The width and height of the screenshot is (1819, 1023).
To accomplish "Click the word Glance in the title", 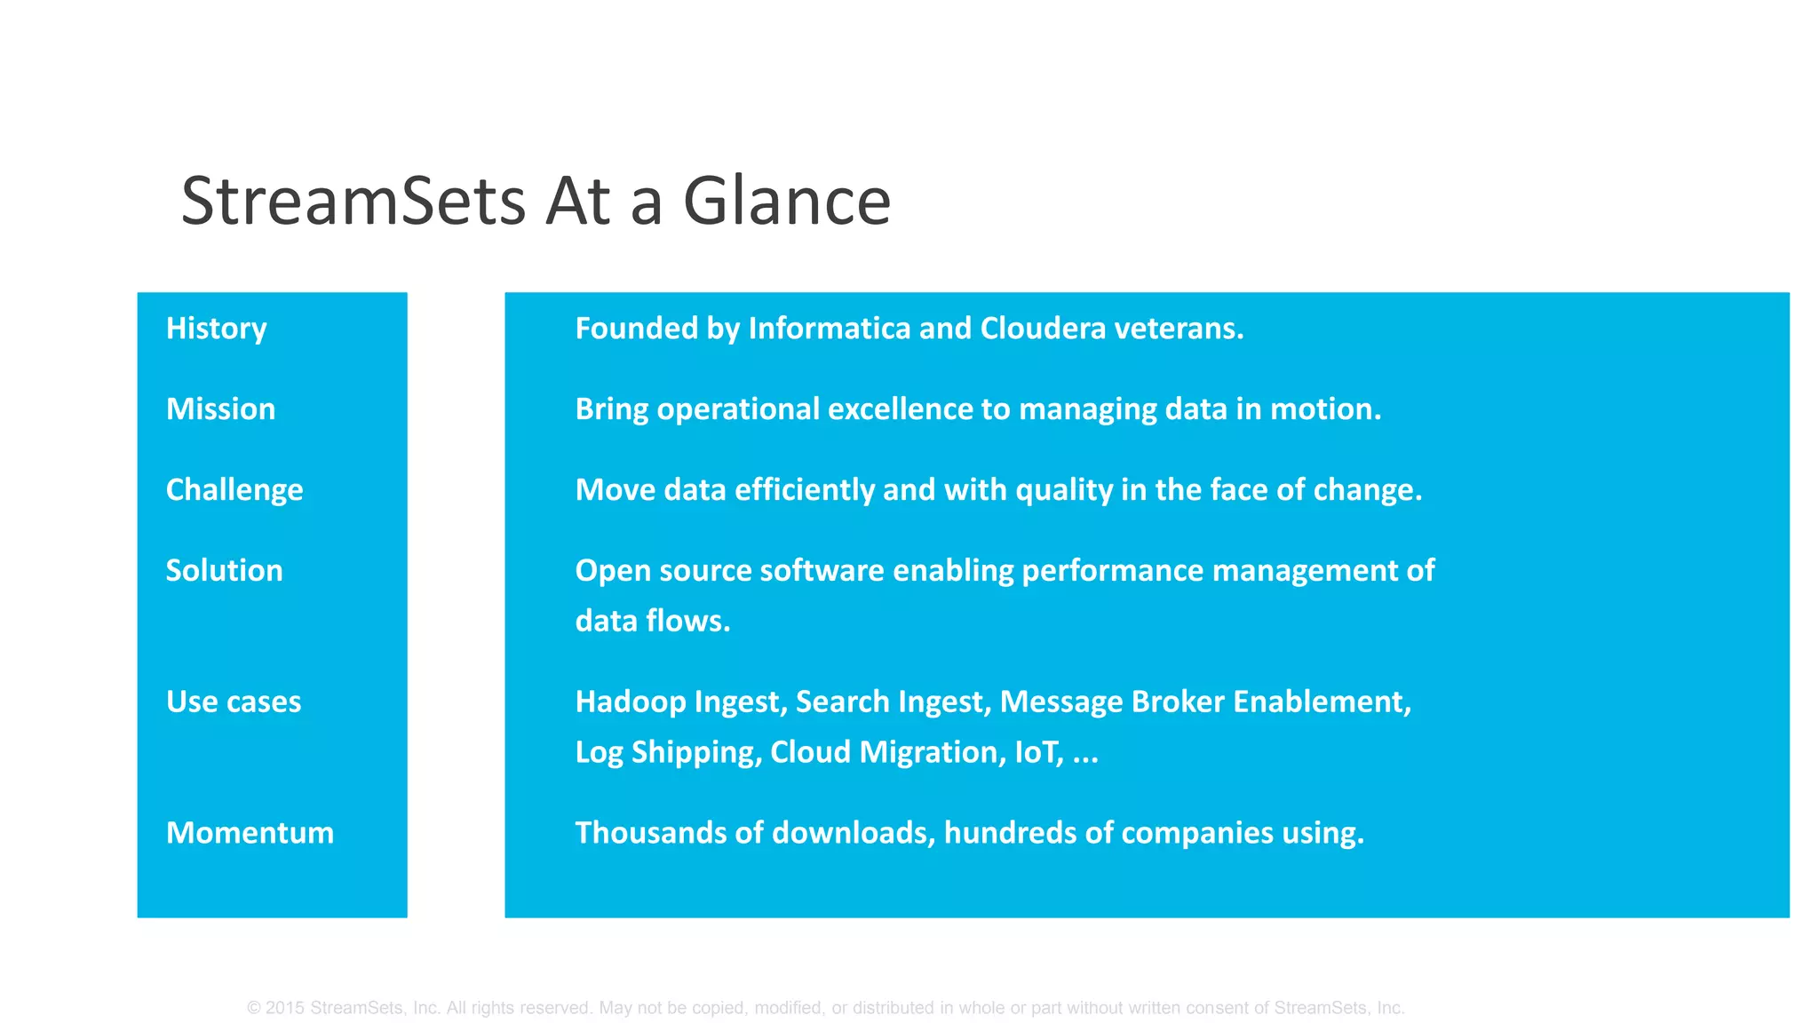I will [x=786, y=202].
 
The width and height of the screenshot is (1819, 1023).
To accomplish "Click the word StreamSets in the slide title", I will [x=353, y=202].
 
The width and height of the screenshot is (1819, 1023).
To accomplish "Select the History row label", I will [x=216, y=329].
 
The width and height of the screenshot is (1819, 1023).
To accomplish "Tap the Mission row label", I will [x=220, y=409].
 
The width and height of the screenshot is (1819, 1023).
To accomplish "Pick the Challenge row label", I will [x=234, y=490].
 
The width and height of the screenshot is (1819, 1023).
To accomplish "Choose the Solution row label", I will [x=224, y=570].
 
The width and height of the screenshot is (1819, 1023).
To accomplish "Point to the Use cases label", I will [x=234, y=702].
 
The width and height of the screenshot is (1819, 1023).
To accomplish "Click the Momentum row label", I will [x=250, y=833].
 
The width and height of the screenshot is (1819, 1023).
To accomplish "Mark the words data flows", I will [x=652, y=621].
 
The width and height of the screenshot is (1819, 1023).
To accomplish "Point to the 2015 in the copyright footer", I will [x=284, y=1008].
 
